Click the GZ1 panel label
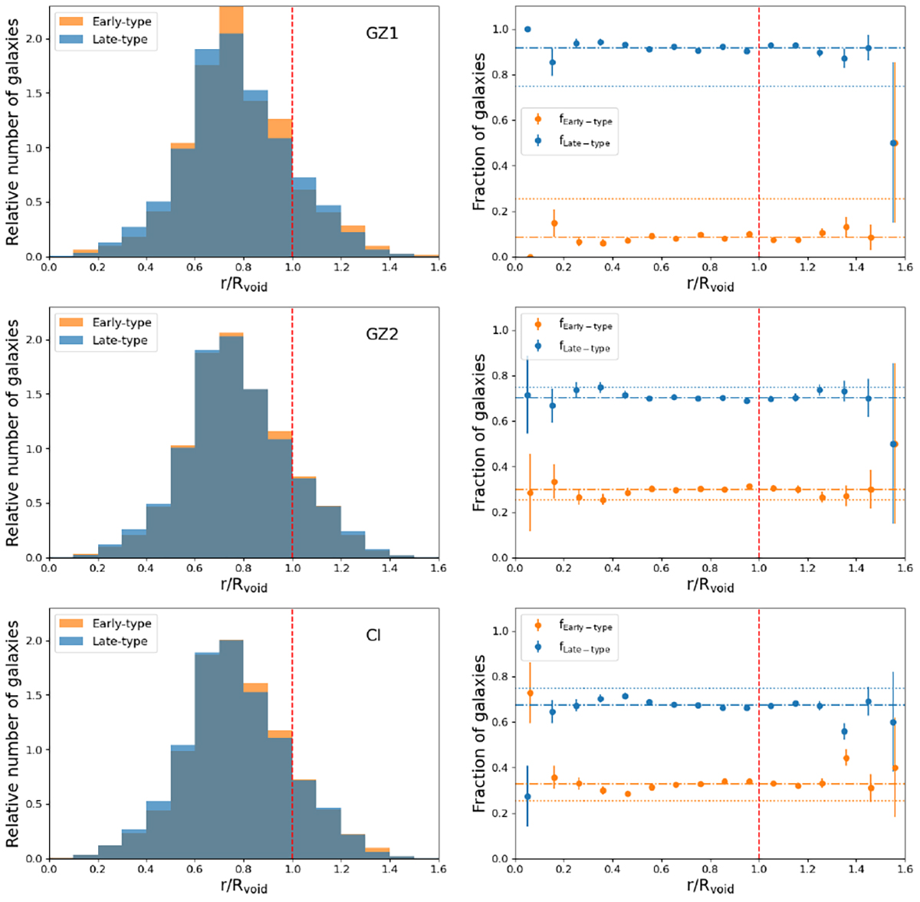tap(381, 34)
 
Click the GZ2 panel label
tap(381, 335)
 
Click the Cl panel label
tap(373, 636)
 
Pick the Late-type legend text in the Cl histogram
tap(120, 641)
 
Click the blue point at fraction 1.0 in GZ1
tap(527, 29)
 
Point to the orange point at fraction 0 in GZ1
tap(530, 257)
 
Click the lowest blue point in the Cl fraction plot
tap(527, 796)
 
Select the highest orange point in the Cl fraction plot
tap(530, 693)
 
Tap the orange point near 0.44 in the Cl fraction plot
tap(846, 759)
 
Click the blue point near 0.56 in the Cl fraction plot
tap(844, 732)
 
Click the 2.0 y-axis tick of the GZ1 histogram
tap(38, 39)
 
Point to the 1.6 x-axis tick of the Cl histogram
tap(439, 869)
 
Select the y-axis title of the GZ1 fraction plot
tap(479, 132)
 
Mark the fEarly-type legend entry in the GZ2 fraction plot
tap(585, 326)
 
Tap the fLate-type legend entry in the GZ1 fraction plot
tap(585, 142)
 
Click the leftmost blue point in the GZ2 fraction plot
tap(527, 395)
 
